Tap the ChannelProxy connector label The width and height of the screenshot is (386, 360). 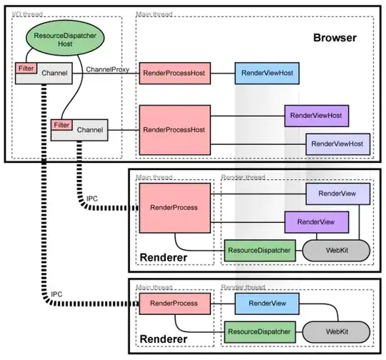click(107, 69)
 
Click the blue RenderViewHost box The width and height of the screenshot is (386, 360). click(266, 73)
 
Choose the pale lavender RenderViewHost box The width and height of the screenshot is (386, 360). click(337, 144)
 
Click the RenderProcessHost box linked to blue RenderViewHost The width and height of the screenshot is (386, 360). click(174, 73)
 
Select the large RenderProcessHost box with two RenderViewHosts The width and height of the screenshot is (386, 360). click(174, 129)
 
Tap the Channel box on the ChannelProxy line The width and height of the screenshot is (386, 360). click(54, 74)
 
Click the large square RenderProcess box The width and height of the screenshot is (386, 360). click(174, 207)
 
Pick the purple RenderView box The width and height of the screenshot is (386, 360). click(315, 222)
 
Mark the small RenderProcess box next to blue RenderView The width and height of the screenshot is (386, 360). click(174, 304)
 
